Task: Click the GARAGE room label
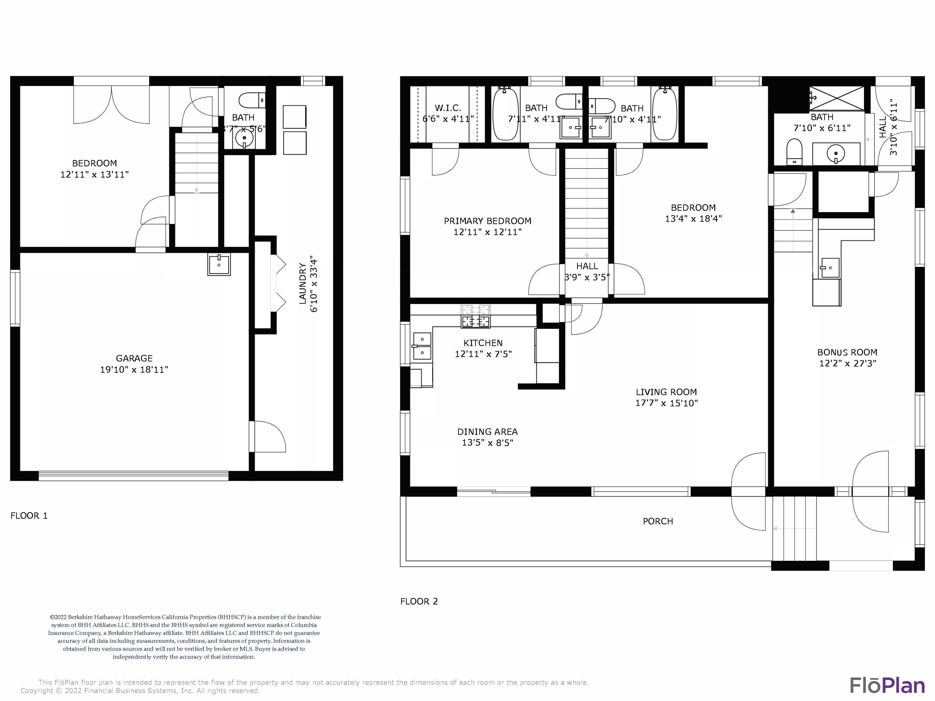134,358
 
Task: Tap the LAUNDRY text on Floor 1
303,284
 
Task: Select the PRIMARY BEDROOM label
487,221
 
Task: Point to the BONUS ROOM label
847,352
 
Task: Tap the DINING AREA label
487,432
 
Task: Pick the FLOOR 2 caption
419,601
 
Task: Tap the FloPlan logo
887,685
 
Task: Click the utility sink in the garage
219,265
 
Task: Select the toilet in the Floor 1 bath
252,101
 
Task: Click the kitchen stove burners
476,322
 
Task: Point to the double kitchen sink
422,346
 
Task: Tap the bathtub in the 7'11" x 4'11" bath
505,114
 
